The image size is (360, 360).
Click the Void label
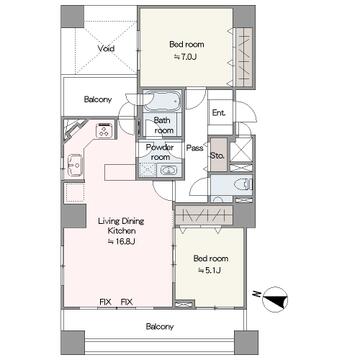point(106,49)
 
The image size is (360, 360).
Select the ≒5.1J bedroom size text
point(210,270)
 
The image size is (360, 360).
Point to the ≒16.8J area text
point(121,242)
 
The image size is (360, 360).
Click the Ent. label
point(219,113)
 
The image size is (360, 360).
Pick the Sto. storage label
point(218,155)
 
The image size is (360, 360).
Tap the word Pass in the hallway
point(195,148)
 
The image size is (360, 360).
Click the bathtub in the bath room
point(162,101)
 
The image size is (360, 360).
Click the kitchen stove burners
point(104,130)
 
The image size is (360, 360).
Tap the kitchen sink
point(74,165)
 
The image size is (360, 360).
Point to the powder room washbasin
point(169,171)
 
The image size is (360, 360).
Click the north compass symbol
point(275,299)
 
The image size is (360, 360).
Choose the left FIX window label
point(105,302)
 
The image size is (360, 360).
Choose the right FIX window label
point(127,302)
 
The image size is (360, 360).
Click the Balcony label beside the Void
point(98,99)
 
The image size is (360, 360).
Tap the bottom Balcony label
point(160,326)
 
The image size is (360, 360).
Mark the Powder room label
point(160,152)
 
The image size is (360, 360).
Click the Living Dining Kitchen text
point(121,226)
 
